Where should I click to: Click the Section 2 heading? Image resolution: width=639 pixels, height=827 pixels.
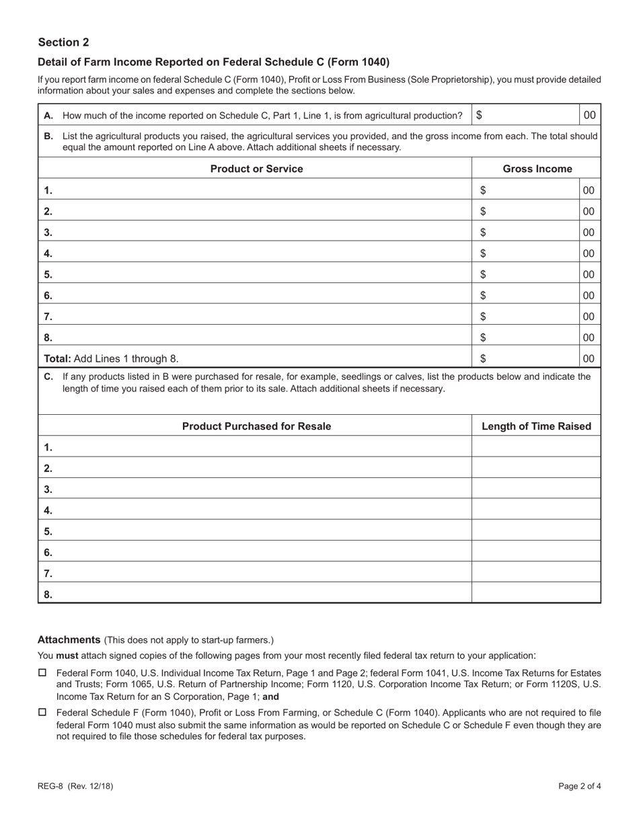pyautogui.click(x=63, y=42)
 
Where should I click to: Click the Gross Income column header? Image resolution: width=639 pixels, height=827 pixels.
pyautogui.click(x=537, y=169)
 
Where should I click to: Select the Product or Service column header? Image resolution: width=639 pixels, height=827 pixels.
pyautogui.click(x=256, y=169)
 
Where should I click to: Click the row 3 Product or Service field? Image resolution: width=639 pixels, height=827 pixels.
pyautogui.click(x=262, y=233)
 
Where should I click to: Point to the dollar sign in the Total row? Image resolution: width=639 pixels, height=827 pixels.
pyautogui.click(x=483, y=358)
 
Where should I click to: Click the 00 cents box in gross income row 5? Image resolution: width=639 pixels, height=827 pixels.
pyautogui.click(x=589, y=274)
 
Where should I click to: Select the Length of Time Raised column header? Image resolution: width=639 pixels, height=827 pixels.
pyautogui.click(x=536, y=426)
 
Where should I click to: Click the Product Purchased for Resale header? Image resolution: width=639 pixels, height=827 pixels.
pyautogui.click(x=256, y=426)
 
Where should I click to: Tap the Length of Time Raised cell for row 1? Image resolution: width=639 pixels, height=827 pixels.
pyautogui.click(x=536, y=447)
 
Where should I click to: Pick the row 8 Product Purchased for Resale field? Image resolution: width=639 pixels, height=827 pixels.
pyautogui.click(x=262, y=594)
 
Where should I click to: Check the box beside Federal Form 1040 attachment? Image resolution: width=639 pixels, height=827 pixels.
pyautogui.click(x=42, y=673)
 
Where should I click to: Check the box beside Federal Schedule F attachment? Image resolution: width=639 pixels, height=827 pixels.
pyautogui.click(x=42, y=712)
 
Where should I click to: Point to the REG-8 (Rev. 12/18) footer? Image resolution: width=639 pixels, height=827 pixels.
pyautogui.click(x=71, y=785)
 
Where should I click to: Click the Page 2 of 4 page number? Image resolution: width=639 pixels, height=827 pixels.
pyautogui.click(x=579, y=785)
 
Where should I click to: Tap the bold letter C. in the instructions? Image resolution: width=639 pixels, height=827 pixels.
pyautogui.click(x=48, y=377)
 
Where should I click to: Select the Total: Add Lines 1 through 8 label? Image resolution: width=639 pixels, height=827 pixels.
pyautogui.click(x=111, y=358)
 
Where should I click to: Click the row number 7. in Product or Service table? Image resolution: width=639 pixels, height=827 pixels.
pyautogui.click(x=48, y=317)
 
